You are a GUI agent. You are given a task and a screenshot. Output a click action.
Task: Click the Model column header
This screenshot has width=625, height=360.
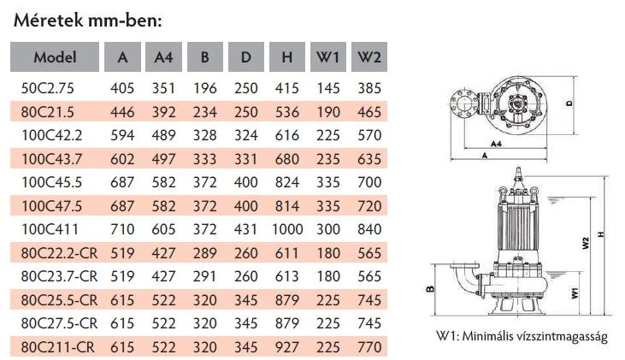coord(55,57)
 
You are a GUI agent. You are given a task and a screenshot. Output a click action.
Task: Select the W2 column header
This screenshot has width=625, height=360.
coord(369,57)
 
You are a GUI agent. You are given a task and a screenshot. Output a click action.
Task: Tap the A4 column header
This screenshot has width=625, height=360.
coord(163,57)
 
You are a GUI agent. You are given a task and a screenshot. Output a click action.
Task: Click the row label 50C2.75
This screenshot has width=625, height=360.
coord(47,88)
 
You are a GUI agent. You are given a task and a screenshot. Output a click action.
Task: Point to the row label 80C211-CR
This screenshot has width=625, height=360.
coord(58,347)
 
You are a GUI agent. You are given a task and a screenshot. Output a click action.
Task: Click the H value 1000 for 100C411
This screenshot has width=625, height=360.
coord(287,229)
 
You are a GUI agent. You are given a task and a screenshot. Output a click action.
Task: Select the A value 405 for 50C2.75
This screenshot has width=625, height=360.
coord(122,88)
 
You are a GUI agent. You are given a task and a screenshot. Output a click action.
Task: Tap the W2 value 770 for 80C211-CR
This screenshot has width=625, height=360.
coord(369,347)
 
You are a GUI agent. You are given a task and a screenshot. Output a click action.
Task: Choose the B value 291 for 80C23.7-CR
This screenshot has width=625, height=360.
coord(205,276)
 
